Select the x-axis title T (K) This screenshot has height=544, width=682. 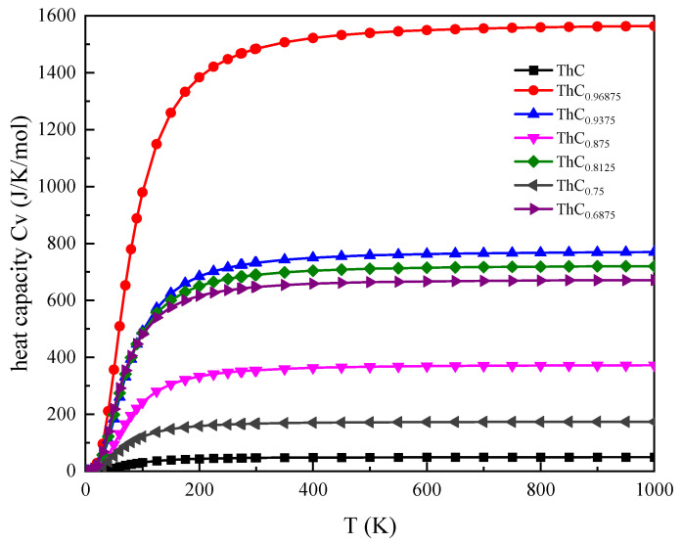coord(369,523)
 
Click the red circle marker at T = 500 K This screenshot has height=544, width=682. coord(370,32)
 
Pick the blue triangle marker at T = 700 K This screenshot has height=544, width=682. coord(483,252)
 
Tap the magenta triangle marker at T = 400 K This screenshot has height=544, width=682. coord(313,368)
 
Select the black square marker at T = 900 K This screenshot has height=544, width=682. coord(597,457)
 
